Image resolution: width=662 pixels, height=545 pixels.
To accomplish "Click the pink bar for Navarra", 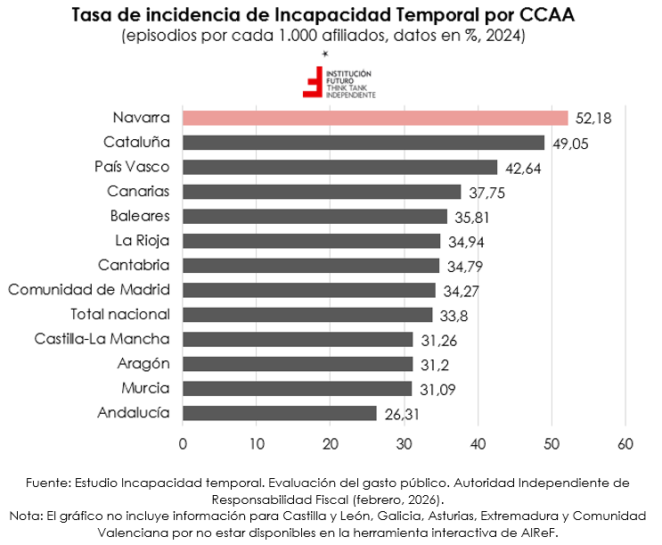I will click(374, 118).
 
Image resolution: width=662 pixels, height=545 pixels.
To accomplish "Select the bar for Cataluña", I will click(363, 142).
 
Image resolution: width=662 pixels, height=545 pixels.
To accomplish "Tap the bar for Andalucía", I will click(279, 413).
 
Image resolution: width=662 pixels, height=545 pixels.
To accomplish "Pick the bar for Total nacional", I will click(306, 315).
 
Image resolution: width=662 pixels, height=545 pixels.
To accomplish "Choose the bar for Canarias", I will click(321, 192).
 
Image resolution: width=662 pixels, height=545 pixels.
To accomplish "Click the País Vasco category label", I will click(132, 167).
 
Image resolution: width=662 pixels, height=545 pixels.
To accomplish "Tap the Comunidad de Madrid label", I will click(89, 290).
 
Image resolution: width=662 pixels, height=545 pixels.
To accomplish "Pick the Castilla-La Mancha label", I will click(102, 339).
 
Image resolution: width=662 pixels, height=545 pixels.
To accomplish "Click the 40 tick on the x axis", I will click(478, 444).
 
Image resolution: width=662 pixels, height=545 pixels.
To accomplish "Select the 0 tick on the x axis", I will click(183, 444).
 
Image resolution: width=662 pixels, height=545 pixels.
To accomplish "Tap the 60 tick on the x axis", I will click(625, 444).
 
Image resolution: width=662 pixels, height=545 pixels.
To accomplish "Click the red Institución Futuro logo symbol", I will click(313, 82).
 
